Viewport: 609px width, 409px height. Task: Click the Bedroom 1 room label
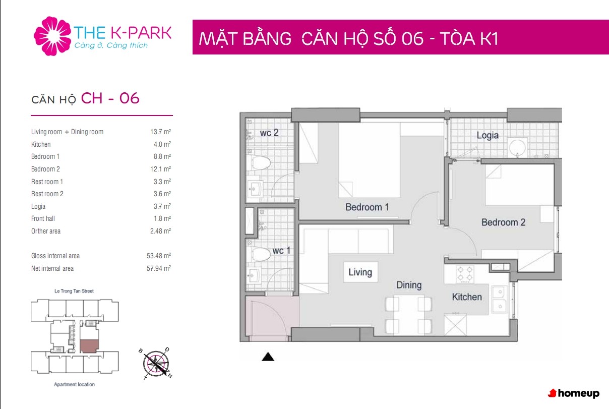click(367, 207)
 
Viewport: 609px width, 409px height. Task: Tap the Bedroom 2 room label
click(503, 222)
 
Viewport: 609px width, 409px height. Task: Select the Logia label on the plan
click(488, 136)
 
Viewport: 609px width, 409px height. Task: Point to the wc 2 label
click(269, 133)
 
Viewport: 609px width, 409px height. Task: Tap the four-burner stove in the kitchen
click(465, 274)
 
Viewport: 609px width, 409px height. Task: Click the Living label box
click(360, 272)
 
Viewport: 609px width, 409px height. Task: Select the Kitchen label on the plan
click(467, 297)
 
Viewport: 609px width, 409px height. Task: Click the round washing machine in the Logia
click(518, 148)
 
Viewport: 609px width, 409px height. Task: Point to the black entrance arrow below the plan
click(268, 357)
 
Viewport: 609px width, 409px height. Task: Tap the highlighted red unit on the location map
click(89, 346)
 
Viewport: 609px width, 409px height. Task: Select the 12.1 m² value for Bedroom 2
click(160, 169)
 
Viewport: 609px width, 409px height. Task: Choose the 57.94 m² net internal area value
click(159, 268)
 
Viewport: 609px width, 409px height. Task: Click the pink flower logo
click(52, 36)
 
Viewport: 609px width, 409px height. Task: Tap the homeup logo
click(574, 393)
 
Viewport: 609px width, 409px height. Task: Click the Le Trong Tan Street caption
click(74, 291)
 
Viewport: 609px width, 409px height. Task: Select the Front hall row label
click(43, 219)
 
